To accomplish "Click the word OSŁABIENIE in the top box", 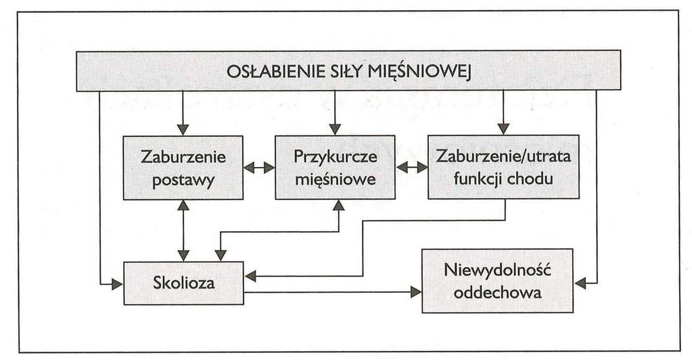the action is (271, 72).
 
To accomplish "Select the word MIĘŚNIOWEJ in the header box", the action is (418, 72).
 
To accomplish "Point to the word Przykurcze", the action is (336, 157).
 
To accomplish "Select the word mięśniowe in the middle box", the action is (336, 180).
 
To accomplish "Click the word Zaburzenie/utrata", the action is (503, 156).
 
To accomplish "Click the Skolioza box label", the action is (183, 283).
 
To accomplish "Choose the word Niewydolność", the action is (498, 270).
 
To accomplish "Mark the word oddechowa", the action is (497, 293).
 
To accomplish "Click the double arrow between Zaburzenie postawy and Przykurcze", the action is (259, 168).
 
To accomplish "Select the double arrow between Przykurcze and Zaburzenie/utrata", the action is (412, 168).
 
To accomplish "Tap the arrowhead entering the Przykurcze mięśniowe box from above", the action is (335, 129).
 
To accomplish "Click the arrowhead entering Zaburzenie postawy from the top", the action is (183, 129).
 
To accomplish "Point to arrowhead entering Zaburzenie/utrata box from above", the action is (503, 129).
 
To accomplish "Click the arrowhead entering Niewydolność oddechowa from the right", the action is (580, 283).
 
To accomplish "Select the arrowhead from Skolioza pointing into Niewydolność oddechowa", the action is (416, 291).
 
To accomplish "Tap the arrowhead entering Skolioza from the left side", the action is (118, 285).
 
